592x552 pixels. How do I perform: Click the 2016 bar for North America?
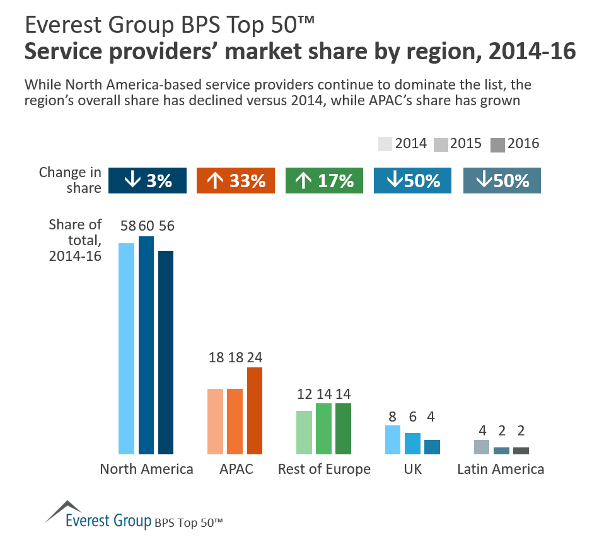(166, 352)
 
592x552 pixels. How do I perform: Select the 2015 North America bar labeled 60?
(146, 345)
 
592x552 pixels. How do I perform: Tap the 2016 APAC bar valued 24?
(255, 410)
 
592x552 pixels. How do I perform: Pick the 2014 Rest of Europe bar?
(304, 432)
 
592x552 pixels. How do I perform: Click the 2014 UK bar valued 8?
(393, 440)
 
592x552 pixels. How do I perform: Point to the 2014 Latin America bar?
(482, 447)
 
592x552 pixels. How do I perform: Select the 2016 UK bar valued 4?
(432, 447)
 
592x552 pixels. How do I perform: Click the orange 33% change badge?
(236, 180)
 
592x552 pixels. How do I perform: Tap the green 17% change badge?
(324, 180)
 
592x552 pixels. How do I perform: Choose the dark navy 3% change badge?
(148, 180)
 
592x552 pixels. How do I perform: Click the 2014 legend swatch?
(385, 144)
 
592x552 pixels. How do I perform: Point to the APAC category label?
(236, 469)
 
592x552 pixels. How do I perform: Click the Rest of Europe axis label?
(324, 469)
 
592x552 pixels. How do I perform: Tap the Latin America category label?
(501, 469)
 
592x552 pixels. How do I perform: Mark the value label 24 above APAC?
(255, 357)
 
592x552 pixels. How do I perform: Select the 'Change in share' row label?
(70, 180)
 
